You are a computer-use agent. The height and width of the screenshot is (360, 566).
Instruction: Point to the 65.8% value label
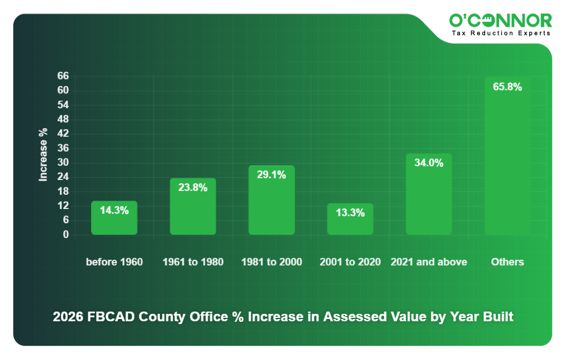[x=507, y=87]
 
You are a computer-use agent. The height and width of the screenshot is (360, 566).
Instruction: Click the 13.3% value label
[x=350, y=212]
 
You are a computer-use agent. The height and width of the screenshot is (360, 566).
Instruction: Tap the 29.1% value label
[x=272, y=175]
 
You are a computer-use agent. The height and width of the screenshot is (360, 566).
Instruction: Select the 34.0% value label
[x=429, y=163]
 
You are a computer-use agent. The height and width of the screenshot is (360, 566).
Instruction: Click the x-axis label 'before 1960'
[x=114, y=262]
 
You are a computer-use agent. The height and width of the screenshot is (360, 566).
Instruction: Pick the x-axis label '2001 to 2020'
[x=350, y=262]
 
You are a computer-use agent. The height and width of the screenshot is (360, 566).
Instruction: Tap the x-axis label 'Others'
[x=507, y=262]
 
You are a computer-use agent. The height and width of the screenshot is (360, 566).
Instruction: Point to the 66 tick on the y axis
[x=63, y=76]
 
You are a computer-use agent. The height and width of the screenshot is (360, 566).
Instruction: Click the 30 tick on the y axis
[x=63, y=162]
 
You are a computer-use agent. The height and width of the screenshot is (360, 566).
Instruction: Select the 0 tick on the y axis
[x=65, y=234]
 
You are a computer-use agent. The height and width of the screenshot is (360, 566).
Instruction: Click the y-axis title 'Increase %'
[x=43, y=155]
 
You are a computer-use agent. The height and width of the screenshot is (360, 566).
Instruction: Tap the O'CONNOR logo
[x=501, y=21]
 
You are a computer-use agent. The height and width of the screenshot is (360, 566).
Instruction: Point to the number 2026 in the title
[x=68, y=317]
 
